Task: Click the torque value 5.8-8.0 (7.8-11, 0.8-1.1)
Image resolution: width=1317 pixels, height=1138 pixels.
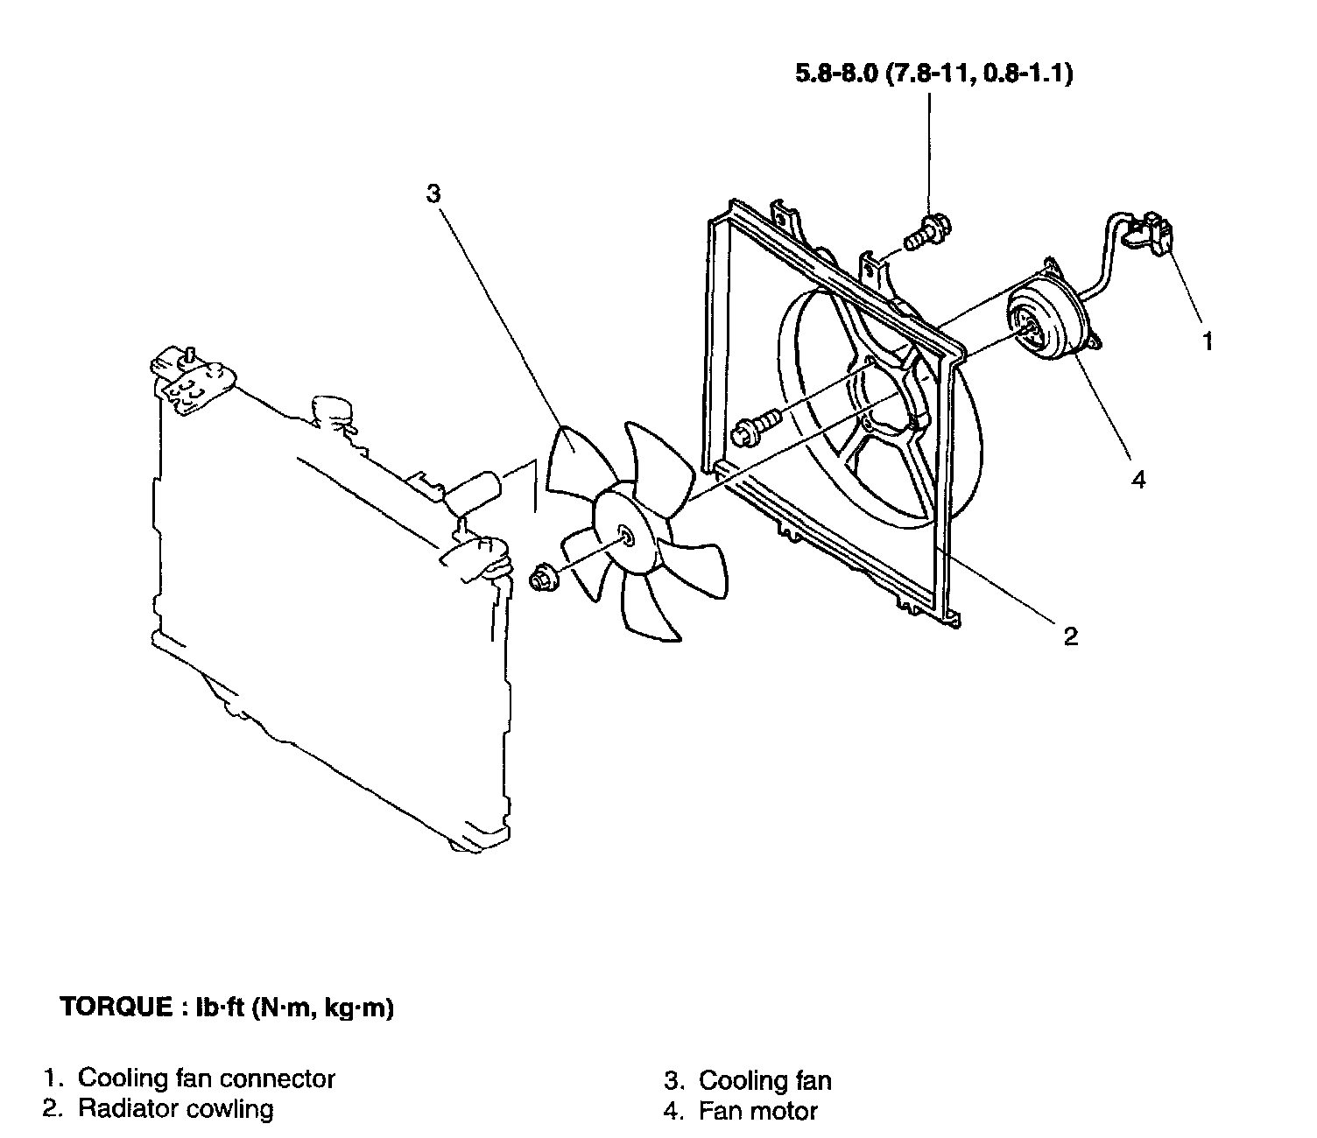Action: tap(933, 74)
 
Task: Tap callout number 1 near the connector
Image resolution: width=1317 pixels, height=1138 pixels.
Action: tap(1208, 341)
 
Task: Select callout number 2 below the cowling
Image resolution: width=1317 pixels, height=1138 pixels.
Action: tap(1070, 636)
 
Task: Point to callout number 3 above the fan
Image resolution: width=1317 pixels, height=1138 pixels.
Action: tap(433, 193)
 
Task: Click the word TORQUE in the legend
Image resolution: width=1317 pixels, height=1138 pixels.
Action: tap(116, 1008)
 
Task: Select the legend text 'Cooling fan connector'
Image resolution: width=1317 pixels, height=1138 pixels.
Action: tap(207, 1078)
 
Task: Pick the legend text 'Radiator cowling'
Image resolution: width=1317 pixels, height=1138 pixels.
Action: tap(175, 1109)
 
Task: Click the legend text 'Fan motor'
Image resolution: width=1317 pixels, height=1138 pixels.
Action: tap(757, 1112)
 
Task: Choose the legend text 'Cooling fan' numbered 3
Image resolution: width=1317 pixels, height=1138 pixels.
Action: tap(764, 1080)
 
